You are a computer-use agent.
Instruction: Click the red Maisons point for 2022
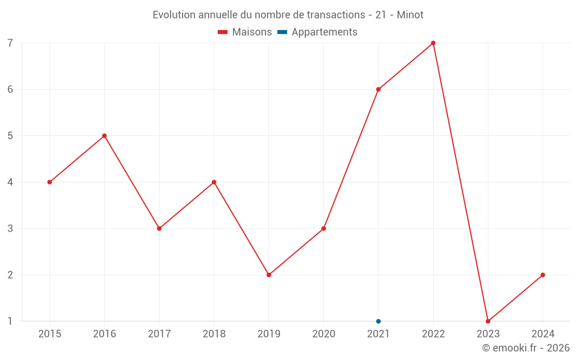(433, 43)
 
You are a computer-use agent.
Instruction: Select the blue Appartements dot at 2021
(378, 321)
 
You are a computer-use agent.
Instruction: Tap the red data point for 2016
(104, 136)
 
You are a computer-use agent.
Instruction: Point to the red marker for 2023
(488, 321)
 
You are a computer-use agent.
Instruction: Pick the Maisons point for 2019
(269, 275)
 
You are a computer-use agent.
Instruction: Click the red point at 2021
(378, 89)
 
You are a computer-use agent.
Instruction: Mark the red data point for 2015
(50, 182)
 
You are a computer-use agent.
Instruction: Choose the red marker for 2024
(543, 275)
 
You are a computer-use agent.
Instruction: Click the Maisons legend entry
(245, 32)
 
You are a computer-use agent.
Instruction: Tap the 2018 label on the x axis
(214, 334)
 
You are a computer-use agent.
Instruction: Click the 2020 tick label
(324, 334)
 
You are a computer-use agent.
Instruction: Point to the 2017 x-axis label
(159, 334)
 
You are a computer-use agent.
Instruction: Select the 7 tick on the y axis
(10, 43)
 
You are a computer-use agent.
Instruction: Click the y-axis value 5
(10, 136)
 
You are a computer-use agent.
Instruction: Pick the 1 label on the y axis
(10, 321)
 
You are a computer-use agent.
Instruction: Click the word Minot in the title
(410, 15)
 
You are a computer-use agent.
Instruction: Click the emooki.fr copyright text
(526, 348)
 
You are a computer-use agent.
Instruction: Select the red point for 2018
(214, 182)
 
